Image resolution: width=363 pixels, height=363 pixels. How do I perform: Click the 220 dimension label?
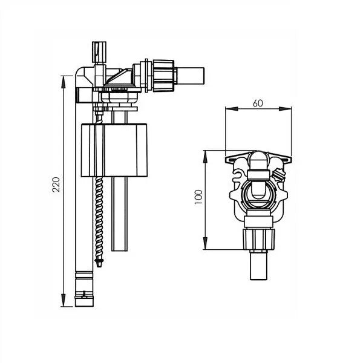coord(56,185)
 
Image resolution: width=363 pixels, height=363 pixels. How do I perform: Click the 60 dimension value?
coord(258,103)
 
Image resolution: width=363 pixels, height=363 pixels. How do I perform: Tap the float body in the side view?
coord(115,149)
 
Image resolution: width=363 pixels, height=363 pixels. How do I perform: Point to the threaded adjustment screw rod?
coord(97,212)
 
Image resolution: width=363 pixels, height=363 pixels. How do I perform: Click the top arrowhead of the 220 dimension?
coord(64,79)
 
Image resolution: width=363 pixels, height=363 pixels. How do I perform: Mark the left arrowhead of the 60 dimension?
coord(227,110)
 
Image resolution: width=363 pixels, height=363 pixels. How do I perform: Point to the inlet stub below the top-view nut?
coord(258,266)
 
